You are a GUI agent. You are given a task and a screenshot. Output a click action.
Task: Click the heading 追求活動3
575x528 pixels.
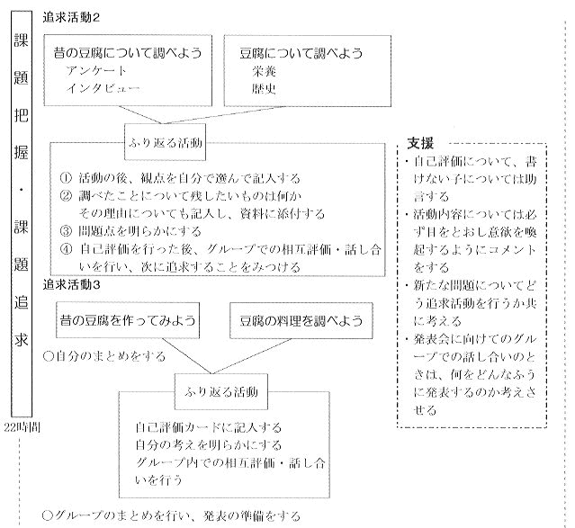pos(71,284)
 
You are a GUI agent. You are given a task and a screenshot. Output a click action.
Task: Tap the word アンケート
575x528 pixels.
pos(103,70)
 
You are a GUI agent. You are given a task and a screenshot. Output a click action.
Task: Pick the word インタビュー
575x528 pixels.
pos(103,88)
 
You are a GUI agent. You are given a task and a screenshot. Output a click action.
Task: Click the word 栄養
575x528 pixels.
pos(265,70)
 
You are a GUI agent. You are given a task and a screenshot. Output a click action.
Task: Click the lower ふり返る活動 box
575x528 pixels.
pos(219,393)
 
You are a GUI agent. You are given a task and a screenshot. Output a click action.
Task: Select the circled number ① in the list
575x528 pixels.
pos(65,178)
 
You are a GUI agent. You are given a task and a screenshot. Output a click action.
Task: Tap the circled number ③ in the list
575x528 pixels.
pos(65,229)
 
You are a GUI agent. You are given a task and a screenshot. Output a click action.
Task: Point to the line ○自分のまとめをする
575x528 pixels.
pos(103,355)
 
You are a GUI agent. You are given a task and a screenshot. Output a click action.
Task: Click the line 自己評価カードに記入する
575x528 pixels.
pos(208,427)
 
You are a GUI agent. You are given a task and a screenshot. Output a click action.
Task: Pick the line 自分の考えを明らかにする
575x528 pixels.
pos(208,444)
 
